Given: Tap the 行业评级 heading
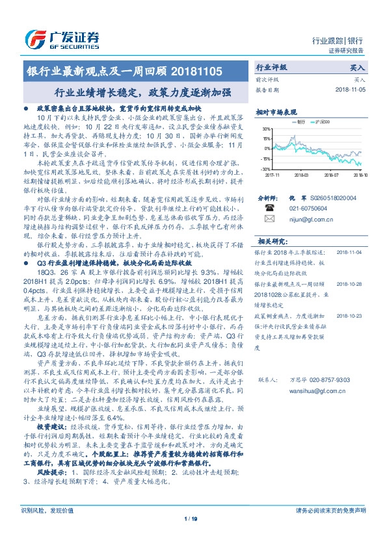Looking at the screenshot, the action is [271, 66].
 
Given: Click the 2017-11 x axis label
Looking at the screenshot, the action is [272, 174].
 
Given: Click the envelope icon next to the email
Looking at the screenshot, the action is [271, 220].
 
